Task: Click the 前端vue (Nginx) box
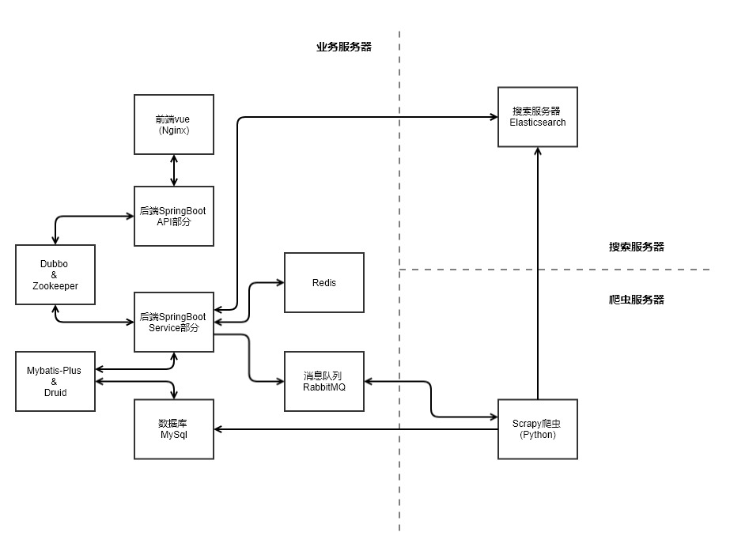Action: click(x=174, y=124)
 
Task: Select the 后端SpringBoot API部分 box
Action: click(x=174, y=216)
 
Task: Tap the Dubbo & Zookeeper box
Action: click(x=55, y=274)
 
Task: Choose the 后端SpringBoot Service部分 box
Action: click(x=174, y=322)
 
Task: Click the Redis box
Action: click(x=324, y=282)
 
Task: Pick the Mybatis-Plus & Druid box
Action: click(x=55, y=382)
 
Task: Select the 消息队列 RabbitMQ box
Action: click(x=324, y=382)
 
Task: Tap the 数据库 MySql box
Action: click(x=174, y=429)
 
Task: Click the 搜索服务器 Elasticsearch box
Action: click(x=538, y=117)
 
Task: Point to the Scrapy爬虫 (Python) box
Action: click(x=538, y=429)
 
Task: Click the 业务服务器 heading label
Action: click(x=344, y=47)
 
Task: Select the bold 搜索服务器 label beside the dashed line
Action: click(x=636, y=247)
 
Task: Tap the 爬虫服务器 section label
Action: click(x=636, y=300)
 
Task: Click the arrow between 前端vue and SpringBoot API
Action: click(x=174, y=170)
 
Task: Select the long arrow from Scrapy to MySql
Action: click(x=356, y=429)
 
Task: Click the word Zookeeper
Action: click(x=55, y=286)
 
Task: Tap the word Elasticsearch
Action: click(x=538, y=123)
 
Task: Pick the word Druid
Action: click(x=55, y=393)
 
